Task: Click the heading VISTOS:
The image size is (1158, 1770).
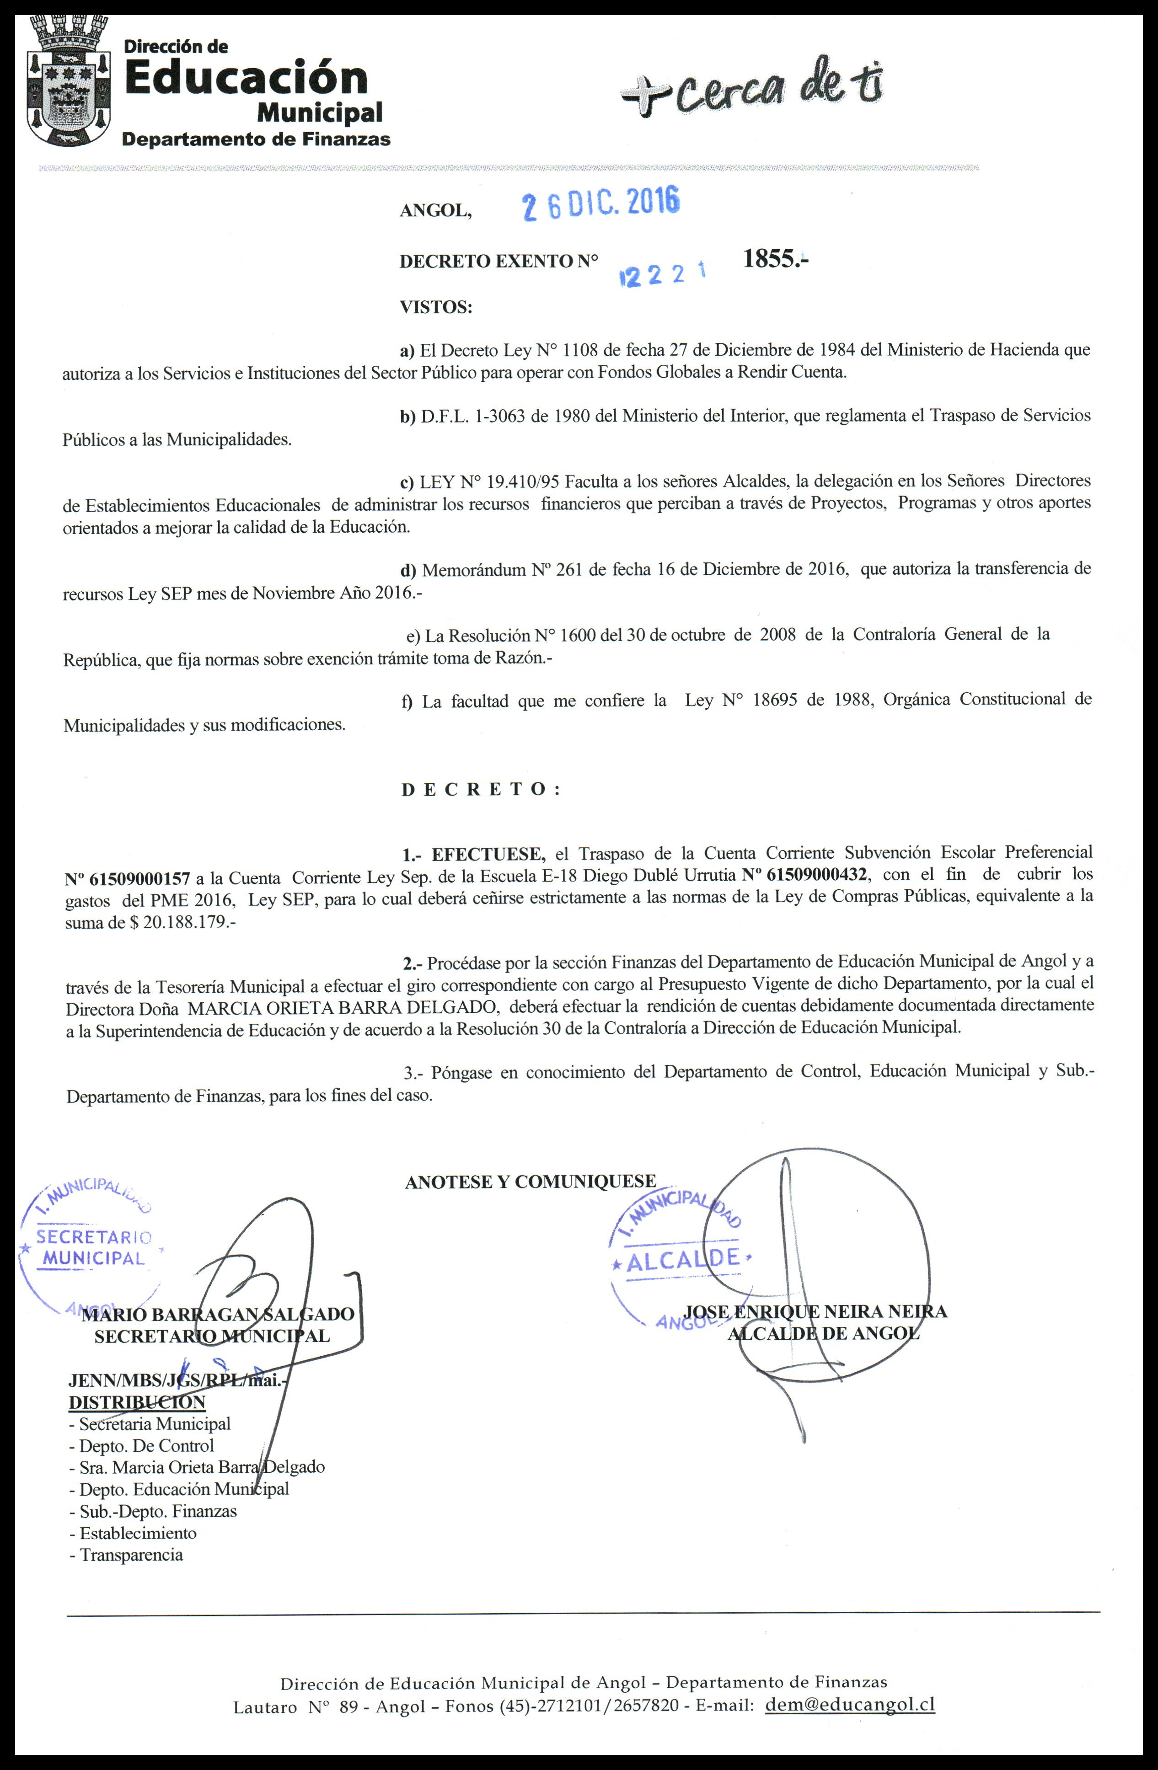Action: [436, 307]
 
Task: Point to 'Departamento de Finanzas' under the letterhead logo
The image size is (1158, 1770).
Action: [256, 139]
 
